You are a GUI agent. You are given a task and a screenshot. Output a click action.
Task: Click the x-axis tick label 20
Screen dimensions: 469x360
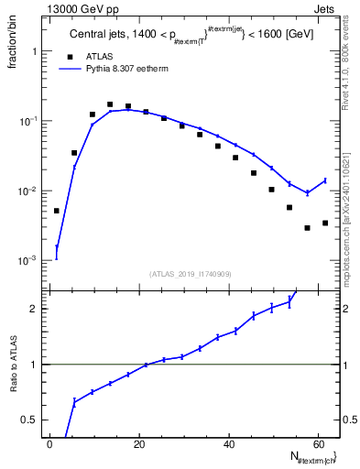click(139, 444)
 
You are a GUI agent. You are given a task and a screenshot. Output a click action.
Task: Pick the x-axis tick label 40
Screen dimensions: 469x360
click(229, 444)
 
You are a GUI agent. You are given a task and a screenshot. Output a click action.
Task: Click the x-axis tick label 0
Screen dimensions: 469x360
click(50, 444)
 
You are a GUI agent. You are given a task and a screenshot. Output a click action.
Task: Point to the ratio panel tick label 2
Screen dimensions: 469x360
click(37, 310)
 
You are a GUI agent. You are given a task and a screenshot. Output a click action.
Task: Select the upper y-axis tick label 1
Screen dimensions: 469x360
click(37, 52)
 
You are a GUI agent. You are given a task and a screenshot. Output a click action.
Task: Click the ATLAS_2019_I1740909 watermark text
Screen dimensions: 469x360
click(191, 273)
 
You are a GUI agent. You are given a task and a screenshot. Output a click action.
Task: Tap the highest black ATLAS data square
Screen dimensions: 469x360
click(110, 104)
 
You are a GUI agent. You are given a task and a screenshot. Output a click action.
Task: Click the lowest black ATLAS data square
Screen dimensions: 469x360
click(307, 228)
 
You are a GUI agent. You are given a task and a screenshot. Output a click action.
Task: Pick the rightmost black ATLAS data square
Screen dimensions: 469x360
click(325, 223)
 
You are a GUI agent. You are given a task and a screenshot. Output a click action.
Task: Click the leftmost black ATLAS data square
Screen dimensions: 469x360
click(57, 211)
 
